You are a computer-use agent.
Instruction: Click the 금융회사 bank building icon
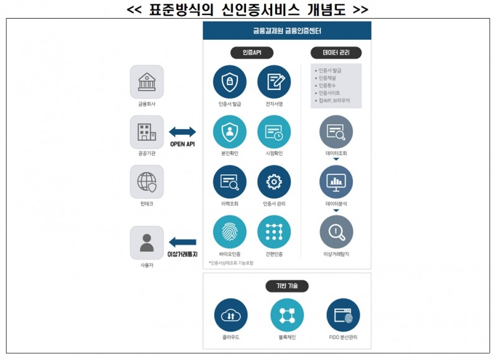(x=147, y=82)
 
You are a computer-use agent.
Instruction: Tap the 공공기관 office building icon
(x=147, y=132)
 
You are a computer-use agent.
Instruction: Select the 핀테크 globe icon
(x=147, y=181)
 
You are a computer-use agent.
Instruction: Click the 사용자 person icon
(x=147, y=243)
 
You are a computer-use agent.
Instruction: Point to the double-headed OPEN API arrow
(x=182, y=132)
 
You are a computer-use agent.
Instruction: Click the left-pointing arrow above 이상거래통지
(x=183, y=242)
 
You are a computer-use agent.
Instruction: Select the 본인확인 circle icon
(x=229, y=132)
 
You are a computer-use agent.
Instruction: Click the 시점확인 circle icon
(x=274, y=132)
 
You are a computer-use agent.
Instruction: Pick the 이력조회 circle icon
(x=229, y=181)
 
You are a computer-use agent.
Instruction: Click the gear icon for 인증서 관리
(x=274, y=181)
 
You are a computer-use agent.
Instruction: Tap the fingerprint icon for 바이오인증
(x=229, y=232)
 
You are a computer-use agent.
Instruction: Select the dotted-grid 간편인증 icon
(x=274, y=232)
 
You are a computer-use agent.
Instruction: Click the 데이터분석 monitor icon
(x=336, y=182)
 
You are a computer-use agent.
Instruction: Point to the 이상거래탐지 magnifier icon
(x=336, y=232)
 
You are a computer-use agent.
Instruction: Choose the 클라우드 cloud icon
(x=230, y=315)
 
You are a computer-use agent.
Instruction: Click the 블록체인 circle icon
(x=287, y=315)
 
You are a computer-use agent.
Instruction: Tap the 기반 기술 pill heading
(x=287, y=286)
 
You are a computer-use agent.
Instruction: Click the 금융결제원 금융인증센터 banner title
(x=287, y=30)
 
